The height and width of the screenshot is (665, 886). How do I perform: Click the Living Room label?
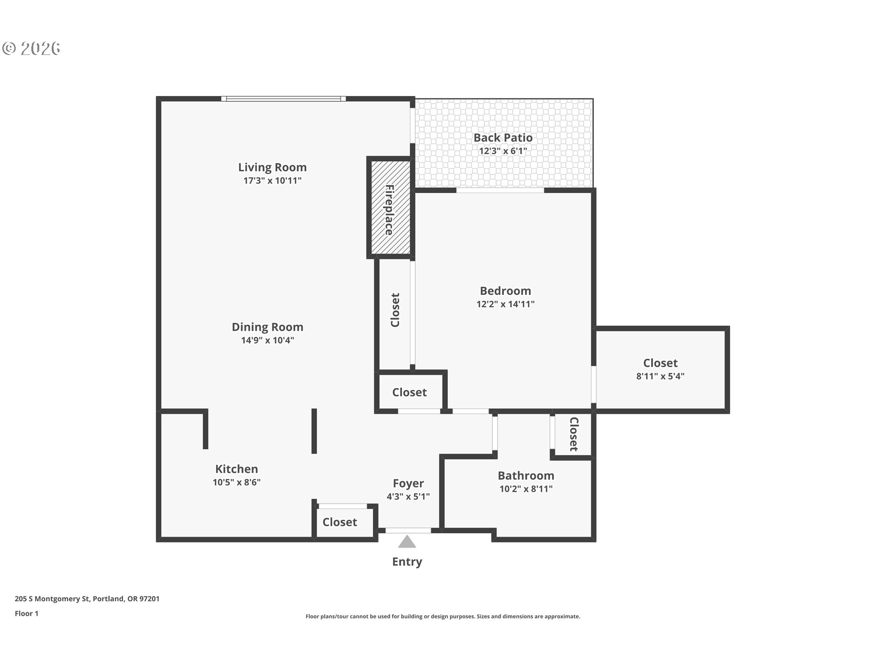tap(272, 167)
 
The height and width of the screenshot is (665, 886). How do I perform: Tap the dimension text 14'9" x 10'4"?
tap(267, 340)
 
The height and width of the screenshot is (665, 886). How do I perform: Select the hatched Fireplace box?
tap(389, 208)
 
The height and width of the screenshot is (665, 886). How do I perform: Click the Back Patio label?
tap(503, 138)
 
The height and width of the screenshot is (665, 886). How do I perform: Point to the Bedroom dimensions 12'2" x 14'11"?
tap(505, 304)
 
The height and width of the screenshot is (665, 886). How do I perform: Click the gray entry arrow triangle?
tap(407, 542)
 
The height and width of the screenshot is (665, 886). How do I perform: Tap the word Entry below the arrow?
tap(407, 562)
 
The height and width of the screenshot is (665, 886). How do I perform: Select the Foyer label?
tap(408, 483)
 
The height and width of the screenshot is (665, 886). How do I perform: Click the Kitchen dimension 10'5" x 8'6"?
tap(236, 482)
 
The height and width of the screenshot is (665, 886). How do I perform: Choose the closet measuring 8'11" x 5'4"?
tap(660, 369)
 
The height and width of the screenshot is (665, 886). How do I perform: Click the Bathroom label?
tap(526, 476)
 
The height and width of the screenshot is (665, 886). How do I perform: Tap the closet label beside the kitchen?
tap(340, 522)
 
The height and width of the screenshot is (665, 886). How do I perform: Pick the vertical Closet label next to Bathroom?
tap(574, 434)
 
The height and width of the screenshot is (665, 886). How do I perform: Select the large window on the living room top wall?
tap(283, 98)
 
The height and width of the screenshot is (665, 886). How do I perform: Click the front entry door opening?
tap(408, 531)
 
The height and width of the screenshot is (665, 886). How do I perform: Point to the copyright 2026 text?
tap(31, 48)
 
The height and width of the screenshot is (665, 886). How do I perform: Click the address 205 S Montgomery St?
tap(87, 599)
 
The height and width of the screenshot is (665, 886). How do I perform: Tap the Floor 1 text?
tap(26, 614)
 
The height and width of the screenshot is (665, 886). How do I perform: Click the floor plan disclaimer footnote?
tap(443, 617)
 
